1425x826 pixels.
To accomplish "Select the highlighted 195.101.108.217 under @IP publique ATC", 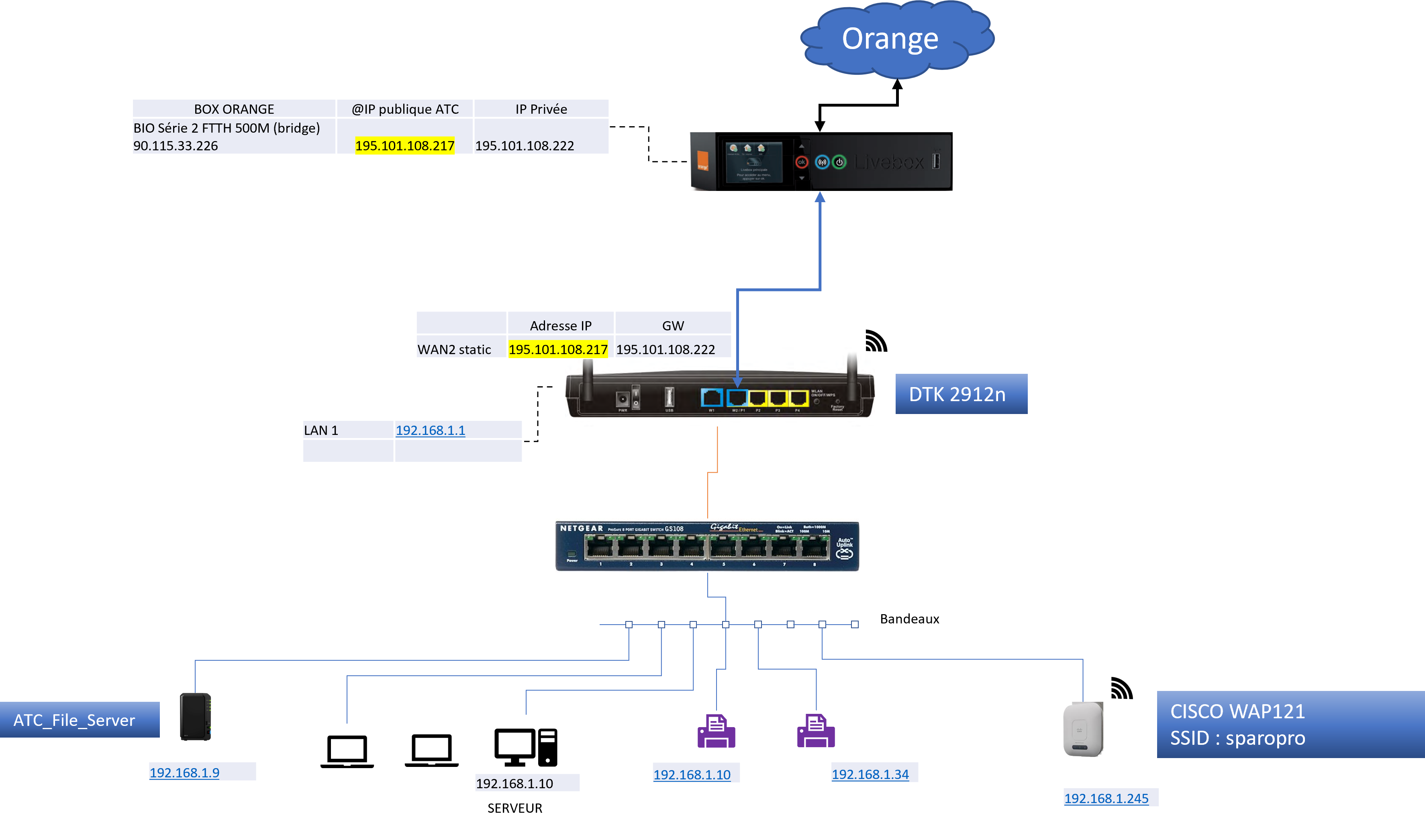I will [404, 146].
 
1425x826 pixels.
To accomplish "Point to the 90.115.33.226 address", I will [175, 146].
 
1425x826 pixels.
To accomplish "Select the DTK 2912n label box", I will [961, 394].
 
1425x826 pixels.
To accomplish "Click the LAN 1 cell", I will [321, 430].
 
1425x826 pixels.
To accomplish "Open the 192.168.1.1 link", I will [430, 430].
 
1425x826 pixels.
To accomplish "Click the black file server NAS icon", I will [195, 717].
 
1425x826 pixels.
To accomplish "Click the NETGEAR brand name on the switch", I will [581, 529].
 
